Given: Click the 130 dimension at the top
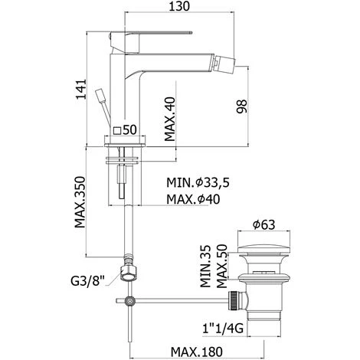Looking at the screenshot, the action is click(x=179, y=6).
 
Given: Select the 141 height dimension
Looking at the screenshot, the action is click(x=81, y=89).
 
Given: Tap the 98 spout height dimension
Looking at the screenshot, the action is click(x=241, y=106).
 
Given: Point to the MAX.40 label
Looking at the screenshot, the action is click(x=170, y=119).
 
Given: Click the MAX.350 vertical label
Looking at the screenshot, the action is click(x=80, y=201).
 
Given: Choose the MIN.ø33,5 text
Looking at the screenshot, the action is click(x=198, y=183).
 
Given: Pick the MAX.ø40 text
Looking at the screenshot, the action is click(x=193, y=199).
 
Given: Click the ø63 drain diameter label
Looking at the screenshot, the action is click(x=263, y=224).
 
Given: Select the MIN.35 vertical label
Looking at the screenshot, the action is click(x=205, y=267).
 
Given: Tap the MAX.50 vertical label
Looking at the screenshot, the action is click(x=222, y=266).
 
